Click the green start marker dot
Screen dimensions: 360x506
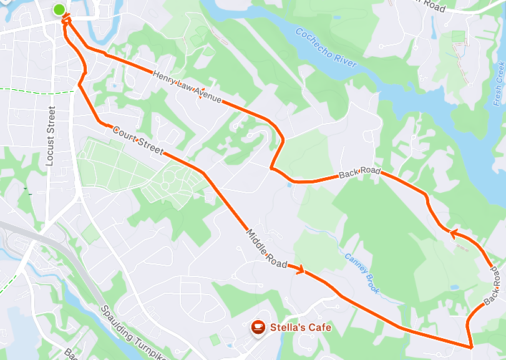(59, 9)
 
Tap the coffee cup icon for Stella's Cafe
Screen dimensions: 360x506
(257, 327)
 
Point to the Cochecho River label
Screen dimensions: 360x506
(326, 48)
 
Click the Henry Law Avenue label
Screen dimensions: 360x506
(187, 86)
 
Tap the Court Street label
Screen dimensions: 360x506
(138, 140)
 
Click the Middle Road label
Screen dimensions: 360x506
(266, 248)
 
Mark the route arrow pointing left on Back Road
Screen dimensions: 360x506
(454, 233)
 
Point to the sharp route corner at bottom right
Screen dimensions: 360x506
(470, 346)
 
